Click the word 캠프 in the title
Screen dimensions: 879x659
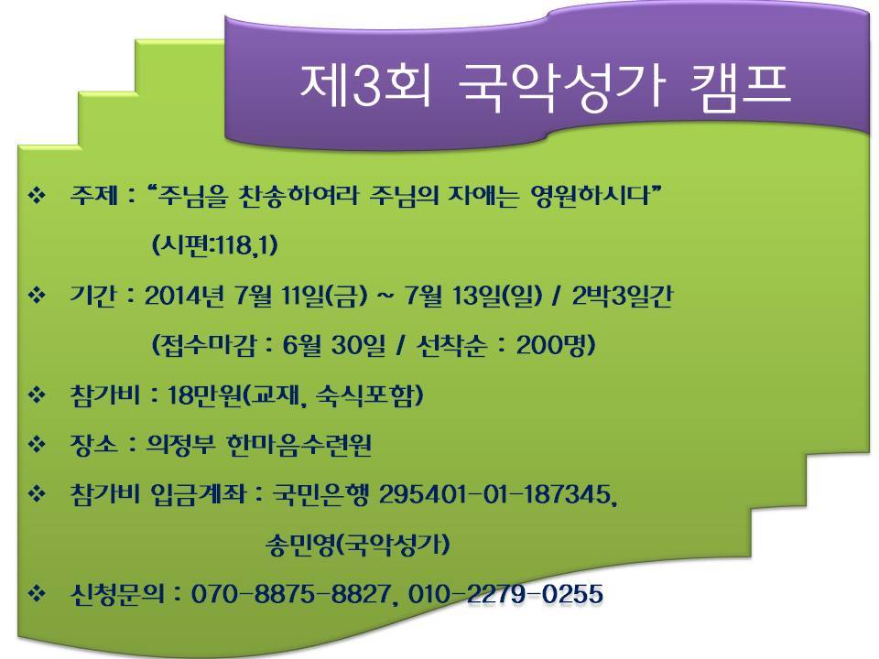click(x=740, y=86)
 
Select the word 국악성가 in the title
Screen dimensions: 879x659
click(x=561, y=88)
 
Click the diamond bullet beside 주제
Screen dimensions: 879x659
click(x=37, y=196)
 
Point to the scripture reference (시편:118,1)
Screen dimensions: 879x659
click(x=214, y=245)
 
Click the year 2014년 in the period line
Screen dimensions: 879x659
click(x=184, y=296)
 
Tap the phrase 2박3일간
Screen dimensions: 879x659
click(x=622, y=296)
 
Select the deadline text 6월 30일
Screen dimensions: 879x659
click(x=333, y=345)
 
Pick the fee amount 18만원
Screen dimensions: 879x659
click(x=204, y=395)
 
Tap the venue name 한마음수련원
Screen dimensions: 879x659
click(x=298, y=445)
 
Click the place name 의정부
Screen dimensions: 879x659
click(x=180, y=445)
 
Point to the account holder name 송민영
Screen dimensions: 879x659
click(x=302, y=544)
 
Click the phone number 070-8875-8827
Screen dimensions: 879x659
click(x=290, y=593)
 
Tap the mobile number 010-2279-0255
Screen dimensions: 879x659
click(x=505, y=593)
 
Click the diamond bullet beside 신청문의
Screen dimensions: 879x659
click(x=37, y=593)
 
